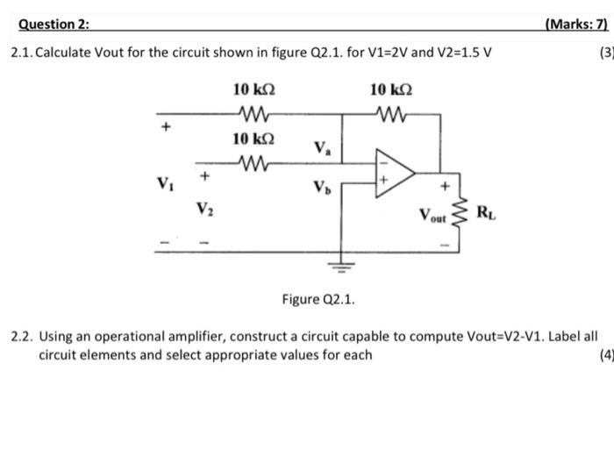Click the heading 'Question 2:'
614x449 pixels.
[x=54, y=25]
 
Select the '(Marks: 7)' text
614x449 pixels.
[x=575, y=25]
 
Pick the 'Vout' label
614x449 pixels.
[x=432, y=213]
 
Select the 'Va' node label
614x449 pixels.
[x=322, y=148]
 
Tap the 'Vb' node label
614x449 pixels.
[x=322, y=187]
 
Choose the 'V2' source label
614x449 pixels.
[x=204, y=209]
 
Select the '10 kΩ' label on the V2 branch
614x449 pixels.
[x=254, y=139]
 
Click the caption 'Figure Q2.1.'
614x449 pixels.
[x=318, y=300]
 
